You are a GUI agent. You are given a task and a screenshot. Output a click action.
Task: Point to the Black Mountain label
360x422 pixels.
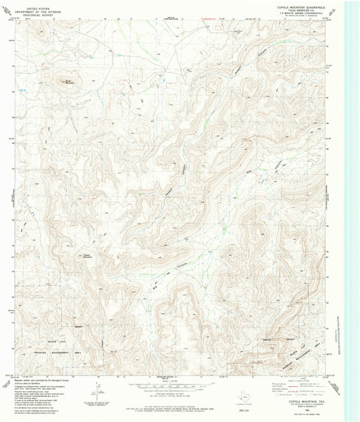[68, 82]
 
